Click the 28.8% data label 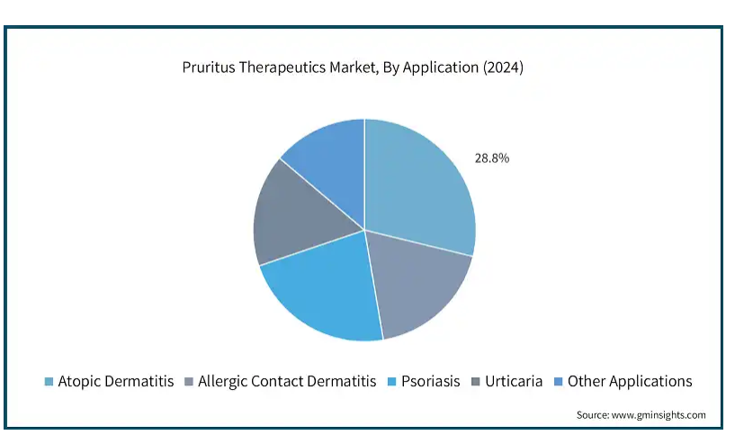(492, 159)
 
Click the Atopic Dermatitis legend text (116, 382)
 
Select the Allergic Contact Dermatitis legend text (287, 382)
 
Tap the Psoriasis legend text (430, 382)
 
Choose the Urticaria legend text (514, 382)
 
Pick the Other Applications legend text (630, 382)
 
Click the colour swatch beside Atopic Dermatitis (49, 382)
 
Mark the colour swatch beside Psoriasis (392, 382)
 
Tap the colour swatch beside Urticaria (476, 382)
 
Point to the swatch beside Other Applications (559, 382)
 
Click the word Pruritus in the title (209, 68)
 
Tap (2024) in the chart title (503, 68)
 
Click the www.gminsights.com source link (659, 415)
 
